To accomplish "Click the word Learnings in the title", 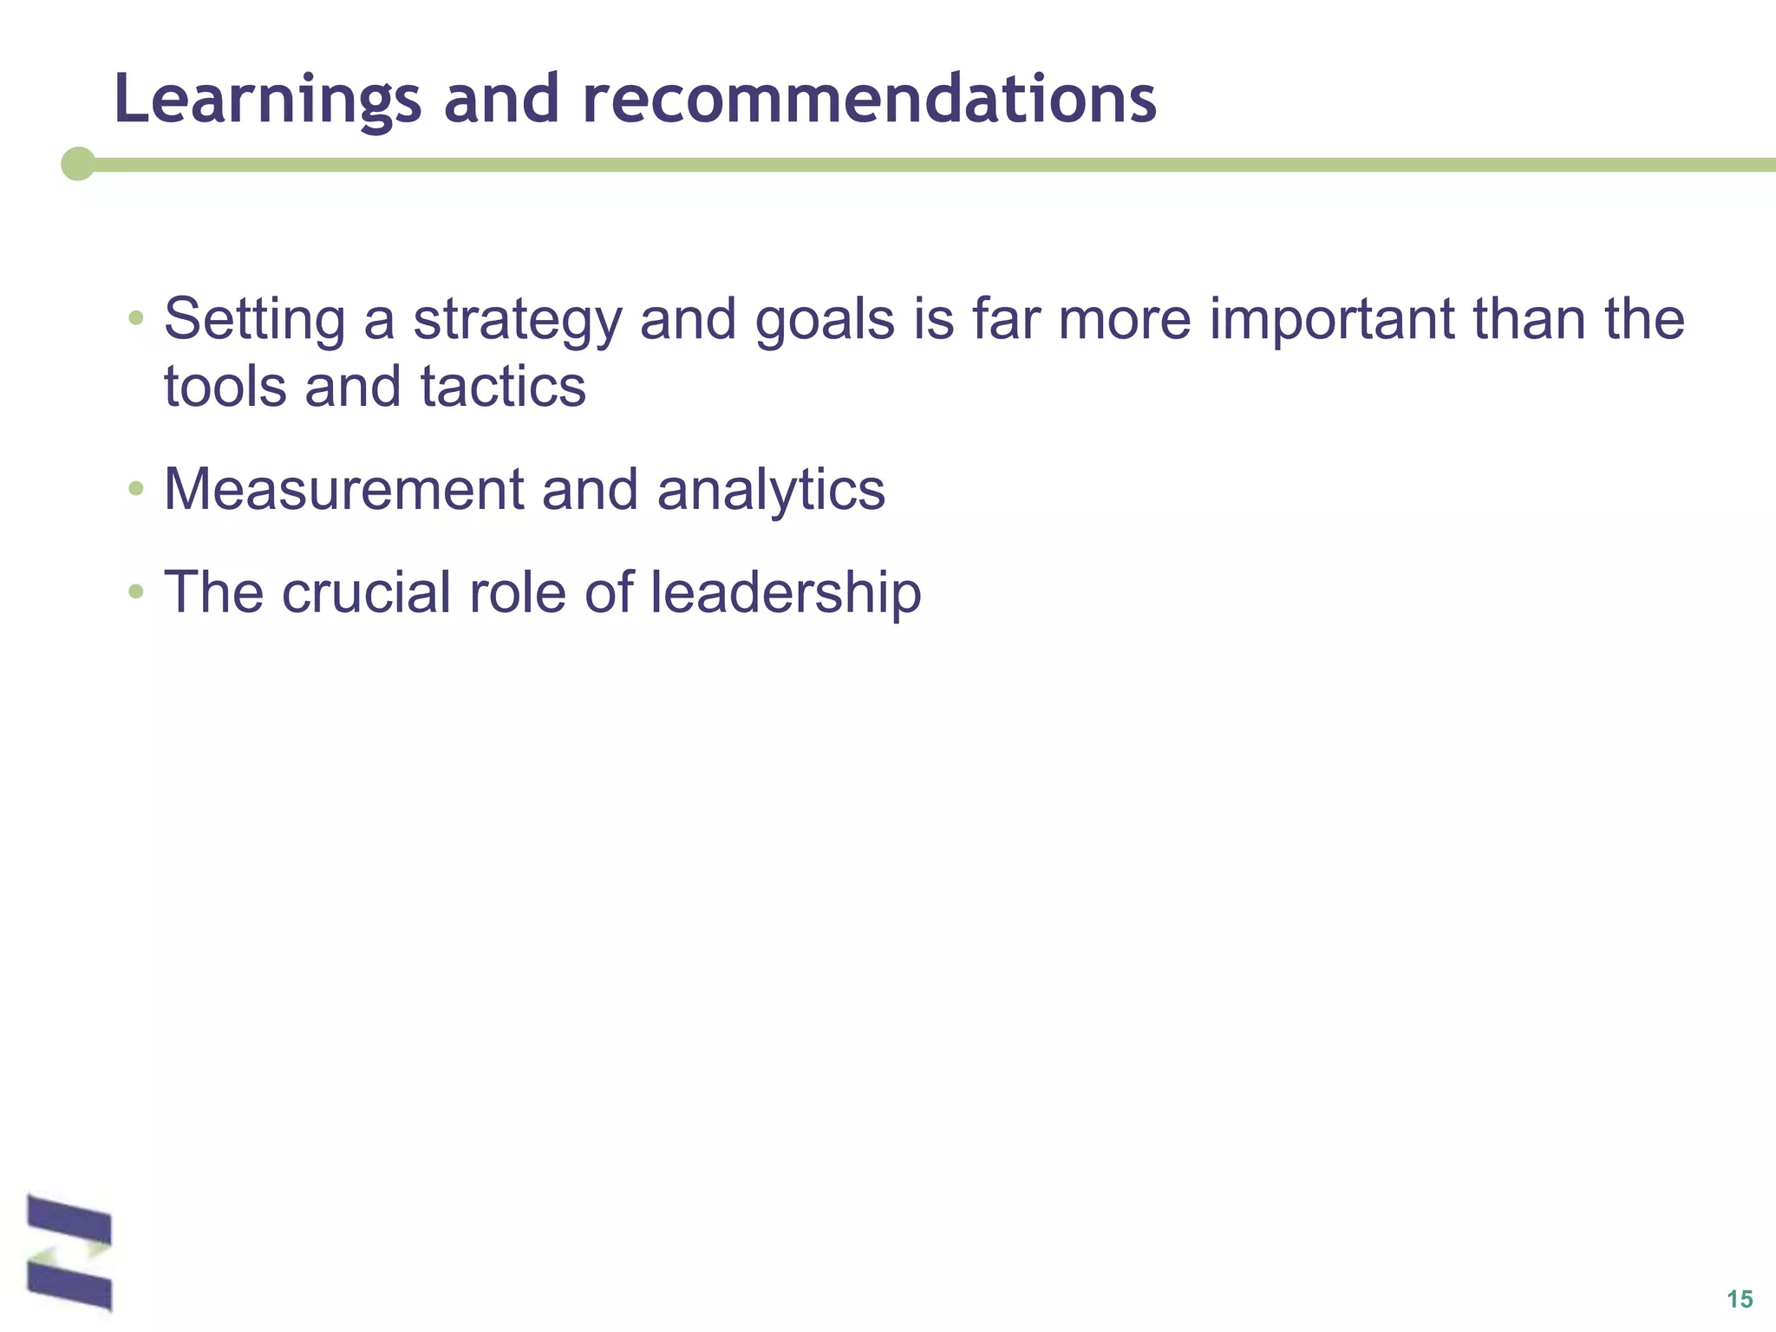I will [267, 100].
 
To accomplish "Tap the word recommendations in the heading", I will [869, 98].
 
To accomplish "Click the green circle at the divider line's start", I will [78, 164].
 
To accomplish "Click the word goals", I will [824, 320].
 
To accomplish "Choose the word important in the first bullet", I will [1331, 320].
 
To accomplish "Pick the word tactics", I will [503, 387].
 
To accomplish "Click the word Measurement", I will [343, 490].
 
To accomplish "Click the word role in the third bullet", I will [517, 592].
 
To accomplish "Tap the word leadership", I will [786, 594].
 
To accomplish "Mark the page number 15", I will [1739, 1299].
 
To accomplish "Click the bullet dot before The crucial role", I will [135, 592].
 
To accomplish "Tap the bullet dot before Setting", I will [135, 318].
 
